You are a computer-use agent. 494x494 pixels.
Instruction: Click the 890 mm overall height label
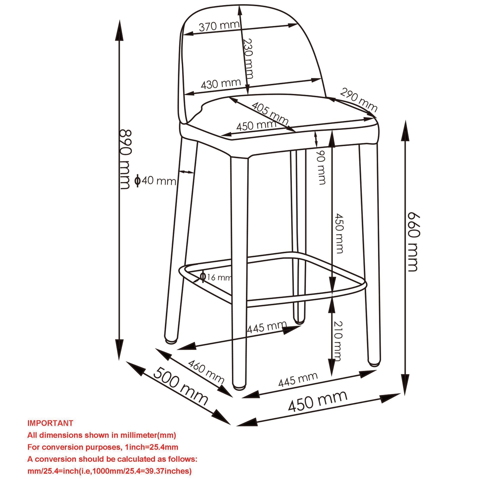pos(126,160)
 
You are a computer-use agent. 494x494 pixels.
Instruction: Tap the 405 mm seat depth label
pos(270,113)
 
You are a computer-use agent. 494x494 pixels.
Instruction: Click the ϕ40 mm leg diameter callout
pos(155,181)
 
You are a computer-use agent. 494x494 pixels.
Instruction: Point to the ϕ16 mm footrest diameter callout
pos(216,277)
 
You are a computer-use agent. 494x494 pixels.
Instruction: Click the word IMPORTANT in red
pos(50,423)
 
